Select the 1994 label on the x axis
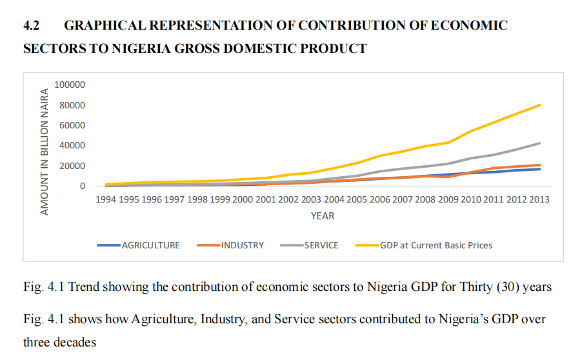(x=106, y=199)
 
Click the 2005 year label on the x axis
(x=357, y=199)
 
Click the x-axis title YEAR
(x=323, y=216)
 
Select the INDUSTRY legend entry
(x=243, y=245)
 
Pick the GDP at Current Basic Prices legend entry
(x=436, y=245)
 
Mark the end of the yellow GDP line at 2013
(x=539, y=105)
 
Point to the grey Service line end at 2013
(x=539, y=143)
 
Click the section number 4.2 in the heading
(x=32, y=26)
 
